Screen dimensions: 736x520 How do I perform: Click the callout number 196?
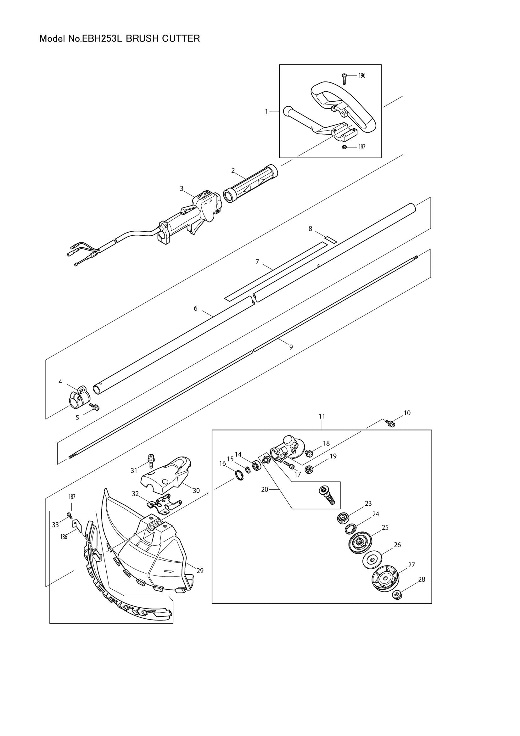click(x=361, y=76)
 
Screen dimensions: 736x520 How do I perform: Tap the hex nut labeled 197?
click(x=343, y=147)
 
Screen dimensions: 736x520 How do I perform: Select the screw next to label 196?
click(x=344, y=78)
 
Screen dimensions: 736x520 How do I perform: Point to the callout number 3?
click(x=182, y=188)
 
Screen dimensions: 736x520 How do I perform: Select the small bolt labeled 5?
click(x=95, y=407)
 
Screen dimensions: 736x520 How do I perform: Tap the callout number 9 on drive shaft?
click(x=291, y=347)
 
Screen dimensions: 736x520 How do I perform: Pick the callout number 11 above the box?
click(x=322, y=416)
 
